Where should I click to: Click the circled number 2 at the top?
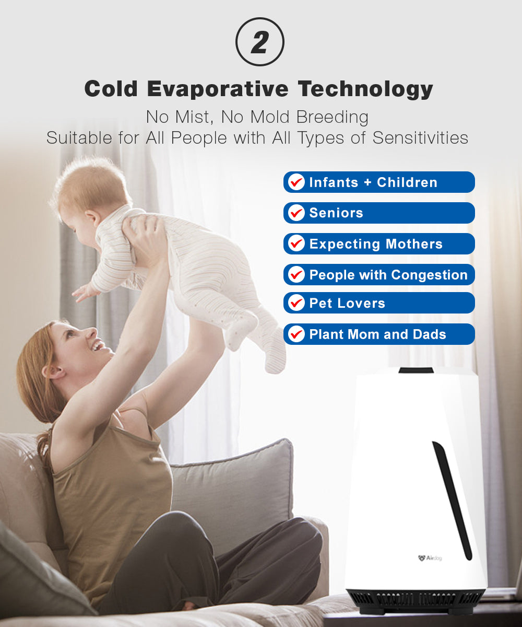[x=260, y=42]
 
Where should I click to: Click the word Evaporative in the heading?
[x=218, y=89]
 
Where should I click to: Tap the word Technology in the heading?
[x=365, y=89]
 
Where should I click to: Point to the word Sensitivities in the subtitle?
[x=420, y=138]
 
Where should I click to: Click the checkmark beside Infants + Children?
[x=296, y=182]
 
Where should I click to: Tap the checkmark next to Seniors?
[x=296, y=213]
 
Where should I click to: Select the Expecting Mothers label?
[x=376, y=244]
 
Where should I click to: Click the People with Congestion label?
[x=388, y=275]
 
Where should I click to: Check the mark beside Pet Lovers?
[x=296, y=303]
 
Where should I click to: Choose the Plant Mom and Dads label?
[x=378, y=334]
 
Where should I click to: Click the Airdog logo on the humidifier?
[x=430, y=558]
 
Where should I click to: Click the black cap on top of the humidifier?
[x=416, y=370]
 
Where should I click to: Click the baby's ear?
[x=92, y=218]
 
